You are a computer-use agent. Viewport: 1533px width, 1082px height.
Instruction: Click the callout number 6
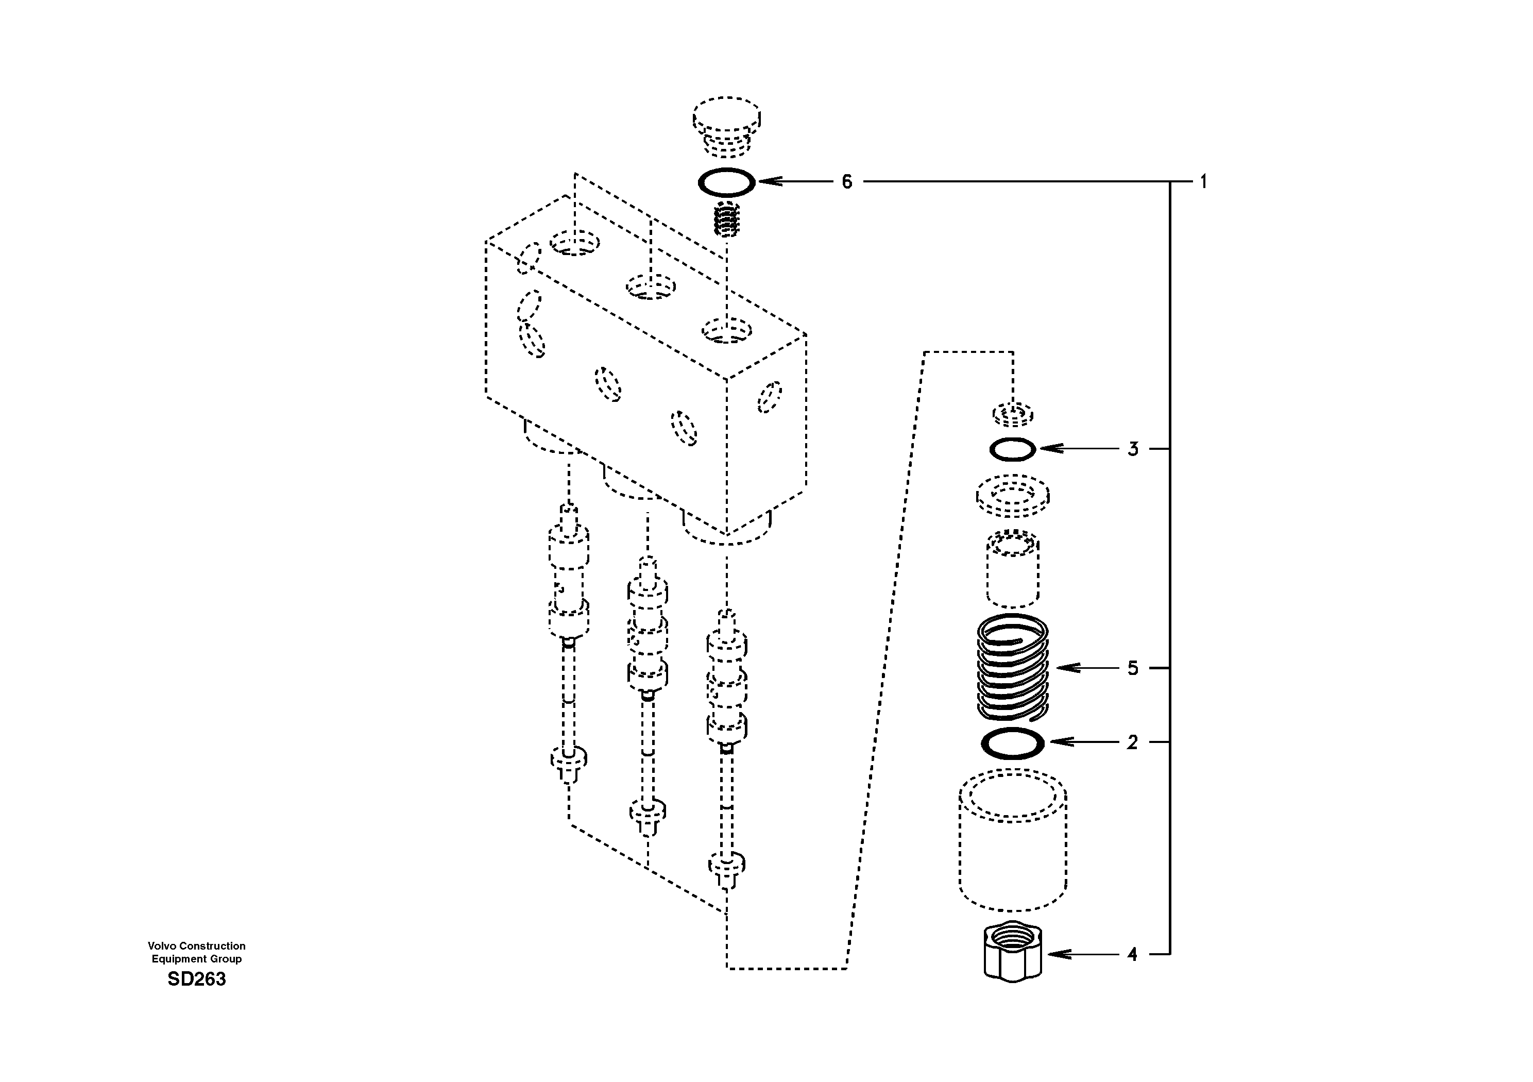coord(847,182)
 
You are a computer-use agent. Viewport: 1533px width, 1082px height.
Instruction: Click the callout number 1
coord(1203,182)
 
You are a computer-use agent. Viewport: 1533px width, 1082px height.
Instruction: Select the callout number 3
coord(1132,449)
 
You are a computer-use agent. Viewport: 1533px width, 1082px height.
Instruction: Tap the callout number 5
coord(1132,668)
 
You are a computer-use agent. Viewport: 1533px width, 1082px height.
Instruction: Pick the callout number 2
coord(1132,742)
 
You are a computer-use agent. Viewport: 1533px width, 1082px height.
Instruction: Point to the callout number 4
coord(1132,954)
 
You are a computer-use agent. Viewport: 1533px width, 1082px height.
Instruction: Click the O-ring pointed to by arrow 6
coord(726,182)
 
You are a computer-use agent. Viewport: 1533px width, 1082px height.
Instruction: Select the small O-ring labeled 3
coord(1012,449)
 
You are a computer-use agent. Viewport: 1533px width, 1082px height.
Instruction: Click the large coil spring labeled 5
coord(1012,668)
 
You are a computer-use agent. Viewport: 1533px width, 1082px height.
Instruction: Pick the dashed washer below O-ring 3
coord(1012,496)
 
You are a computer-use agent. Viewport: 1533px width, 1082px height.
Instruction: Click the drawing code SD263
coord(196,979)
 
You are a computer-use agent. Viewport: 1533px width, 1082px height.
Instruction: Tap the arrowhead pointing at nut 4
coord(1055,954)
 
